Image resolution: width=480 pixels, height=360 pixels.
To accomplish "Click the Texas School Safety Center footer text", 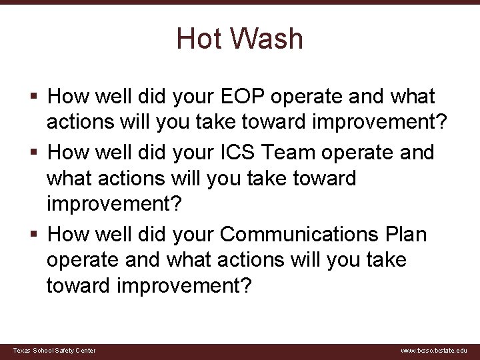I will coord(55,351).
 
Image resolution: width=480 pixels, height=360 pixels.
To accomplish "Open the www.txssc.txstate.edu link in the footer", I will coord(434,351).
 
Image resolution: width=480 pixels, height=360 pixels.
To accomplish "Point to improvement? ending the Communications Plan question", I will coord(185,287).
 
